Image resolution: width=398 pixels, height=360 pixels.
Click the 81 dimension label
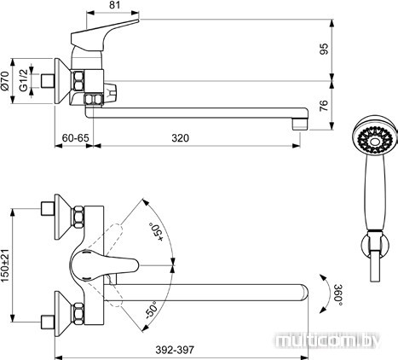click(114, 5)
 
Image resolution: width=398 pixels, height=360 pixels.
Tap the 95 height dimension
click(323, 49)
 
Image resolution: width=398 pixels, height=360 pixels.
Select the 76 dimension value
click(323, 106)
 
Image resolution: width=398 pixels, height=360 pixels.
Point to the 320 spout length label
click(180, 138)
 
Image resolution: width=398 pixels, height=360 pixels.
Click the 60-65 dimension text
click(76, 138)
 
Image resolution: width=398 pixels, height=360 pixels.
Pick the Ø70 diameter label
click(5, 81)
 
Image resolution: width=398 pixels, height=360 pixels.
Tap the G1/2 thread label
click(24, 80)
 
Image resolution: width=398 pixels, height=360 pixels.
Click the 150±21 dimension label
click(6, 266)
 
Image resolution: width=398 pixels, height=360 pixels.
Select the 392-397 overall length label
click(175, 350)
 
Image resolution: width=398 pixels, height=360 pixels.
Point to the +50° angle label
click(157, 232)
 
